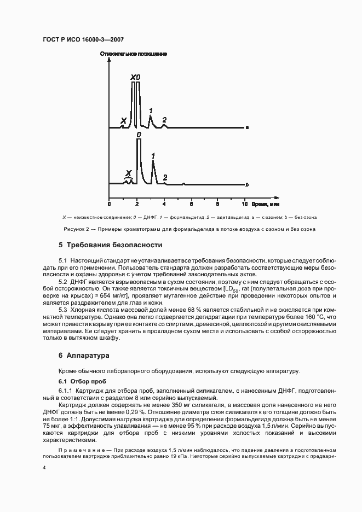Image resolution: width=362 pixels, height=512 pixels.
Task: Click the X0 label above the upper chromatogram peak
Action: click(x=135, y=78)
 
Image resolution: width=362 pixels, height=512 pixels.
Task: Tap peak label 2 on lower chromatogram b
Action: click(x=165, y=177)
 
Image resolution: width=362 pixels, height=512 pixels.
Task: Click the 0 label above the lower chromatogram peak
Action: click(x=139, y=135)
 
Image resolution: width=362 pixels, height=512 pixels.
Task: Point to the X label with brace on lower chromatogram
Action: click(x=128, y=173)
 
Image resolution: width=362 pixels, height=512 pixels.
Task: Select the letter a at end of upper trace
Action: click(x=248, y=128)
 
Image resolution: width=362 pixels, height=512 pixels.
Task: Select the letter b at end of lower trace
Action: click(x=248, y=184)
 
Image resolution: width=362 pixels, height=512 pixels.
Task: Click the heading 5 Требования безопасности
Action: click(x=110, y=245)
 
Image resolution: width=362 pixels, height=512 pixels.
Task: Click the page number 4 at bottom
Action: click(x=45, y=468)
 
